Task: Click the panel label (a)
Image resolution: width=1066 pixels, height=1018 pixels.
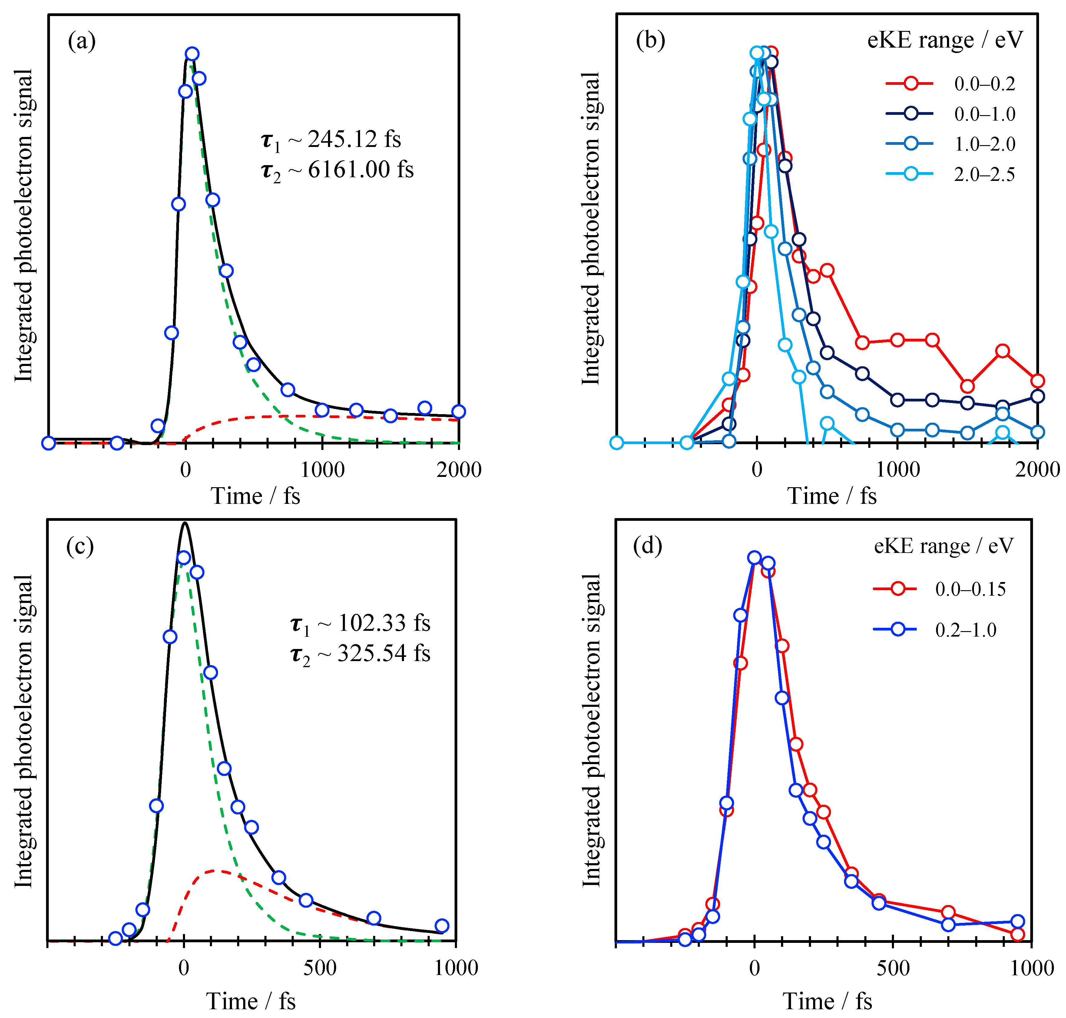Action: coord(81,41)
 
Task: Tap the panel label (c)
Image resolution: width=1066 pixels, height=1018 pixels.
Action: coord(80,547)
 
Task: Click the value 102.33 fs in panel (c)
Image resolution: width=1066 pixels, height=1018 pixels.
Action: coord(383,623)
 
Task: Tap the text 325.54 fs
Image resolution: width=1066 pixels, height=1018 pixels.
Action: coord(383,653)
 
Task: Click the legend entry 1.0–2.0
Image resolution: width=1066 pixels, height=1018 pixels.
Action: coord(984,144)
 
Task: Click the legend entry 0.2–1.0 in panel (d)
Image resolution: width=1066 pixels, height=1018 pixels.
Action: coord(966,630)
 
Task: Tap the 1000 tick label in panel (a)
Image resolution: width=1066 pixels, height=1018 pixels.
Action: coord(322,470)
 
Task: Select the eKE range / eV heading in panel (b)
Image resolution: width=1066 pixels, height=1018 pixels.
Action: coord(945,40)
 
